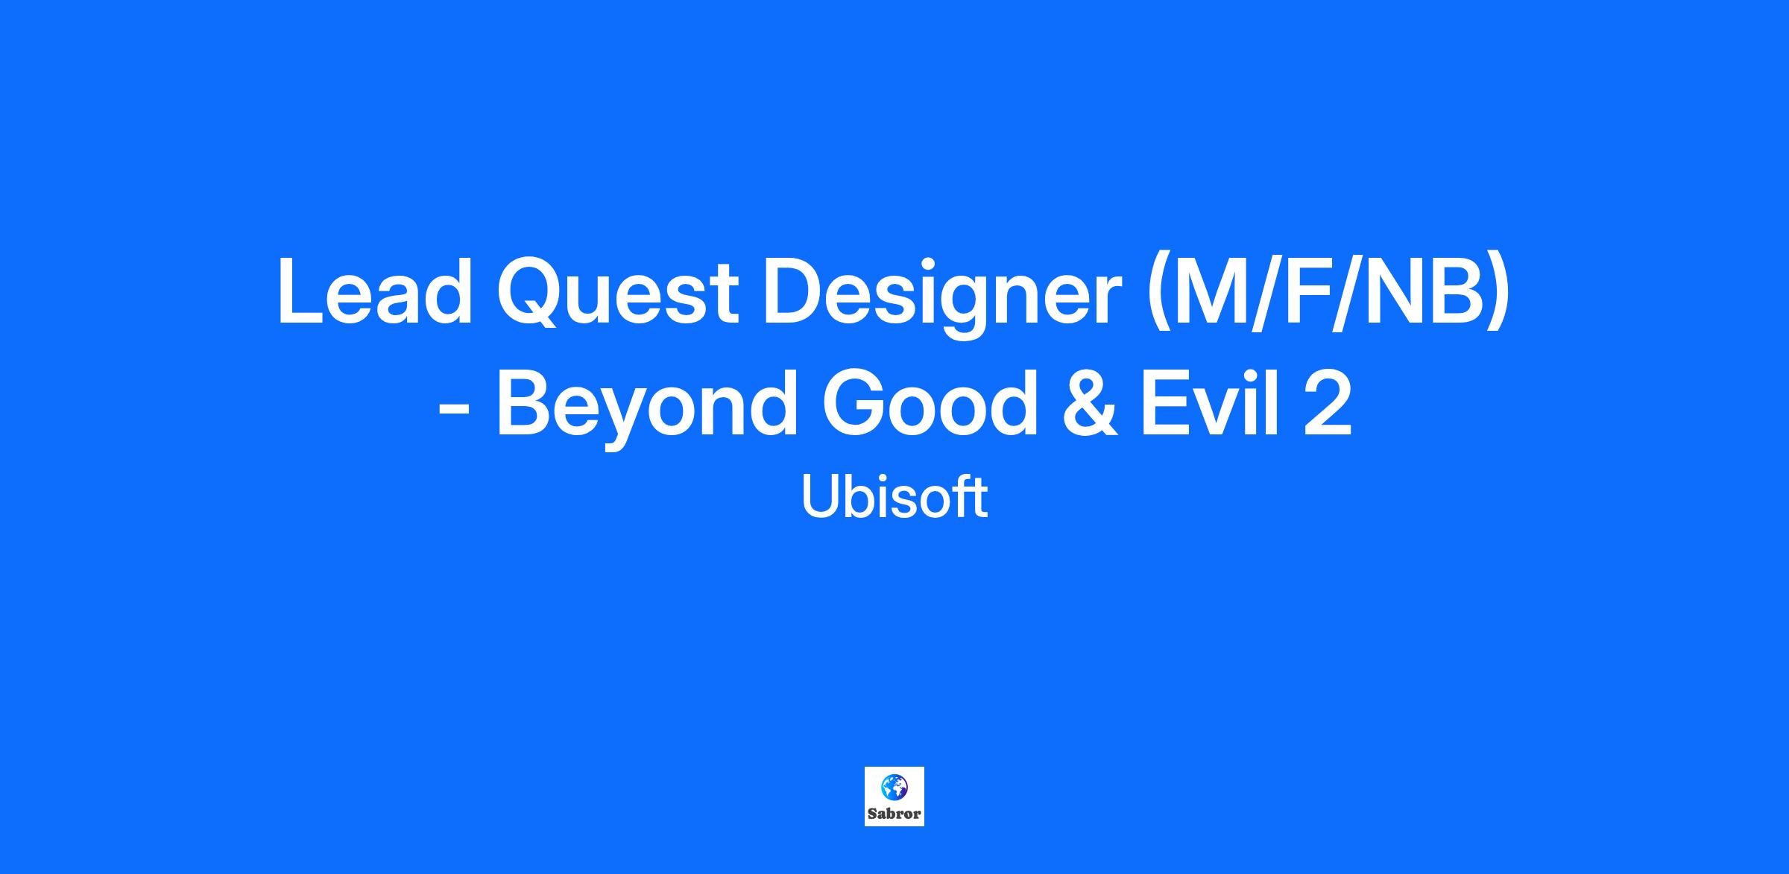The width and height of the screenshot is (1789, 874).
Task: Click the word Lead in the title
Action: [x=375, y=291]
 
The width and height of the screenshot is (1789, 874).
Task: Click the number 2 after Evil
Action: [x=1328, y=402]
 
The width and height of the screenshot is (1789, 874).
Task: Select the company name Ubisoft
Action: [x=894, y=498]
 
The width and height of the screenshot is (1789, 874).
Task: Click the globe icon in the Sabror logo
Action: [x=894, y=786]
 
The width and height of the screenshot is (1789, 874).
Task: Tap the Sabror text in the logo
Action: [x=894, y=814]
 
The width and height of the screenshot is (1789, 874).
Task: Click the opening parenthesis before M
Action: [x=1158, y=296]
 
